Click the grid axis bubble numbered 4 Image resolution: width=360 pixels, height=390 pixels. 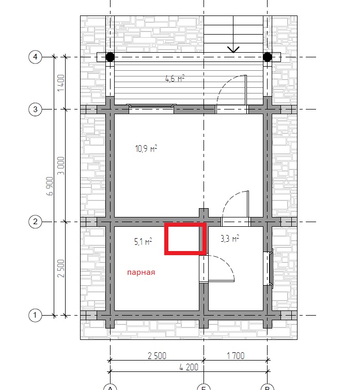[35, 57]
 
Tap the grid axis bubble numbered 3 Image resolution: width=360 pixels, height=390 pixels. [35, 109]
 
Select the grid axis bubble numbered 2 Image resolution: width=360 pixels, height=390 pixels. [35, 222]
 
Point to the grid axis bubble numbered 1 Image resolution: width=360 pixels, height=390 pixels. [35, 315]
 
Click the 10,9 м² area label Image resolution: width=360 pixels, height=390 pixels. [146, 148]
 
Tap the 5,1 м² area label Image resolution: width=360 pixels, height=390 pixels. [143, 241]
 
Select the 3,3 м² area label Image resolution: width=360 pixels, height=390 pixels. [230, 238]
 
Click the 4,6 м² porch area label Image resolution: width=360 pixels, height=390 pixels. [175, 79]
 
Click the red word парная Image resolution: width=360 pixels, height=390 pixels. [141, 272]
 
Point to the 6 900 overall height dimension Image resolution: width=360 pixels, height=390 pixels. [50, 186]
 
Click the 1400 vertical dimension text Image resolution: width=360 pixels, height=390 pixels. [61, 83]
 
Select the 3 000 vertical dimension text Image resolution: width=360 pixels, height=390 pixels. [61, 166]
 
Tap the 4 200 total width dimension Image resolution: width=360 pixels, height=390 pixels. [189, 367]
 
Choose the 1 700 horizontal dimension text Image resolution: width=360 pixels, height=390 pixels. [236, 356]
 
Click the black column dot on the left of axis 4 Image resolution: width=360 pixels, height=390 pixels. [110, 57]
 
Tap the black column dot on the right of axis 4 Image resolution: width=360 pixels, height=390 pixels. [267, 57]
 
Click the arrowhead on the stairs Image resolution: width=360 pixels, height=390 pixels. [233, 50]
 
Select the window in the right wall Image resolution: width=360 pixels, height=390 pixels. [269, 268]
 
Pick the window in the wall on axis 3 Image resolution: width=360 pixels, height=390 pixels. [151, 108]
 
